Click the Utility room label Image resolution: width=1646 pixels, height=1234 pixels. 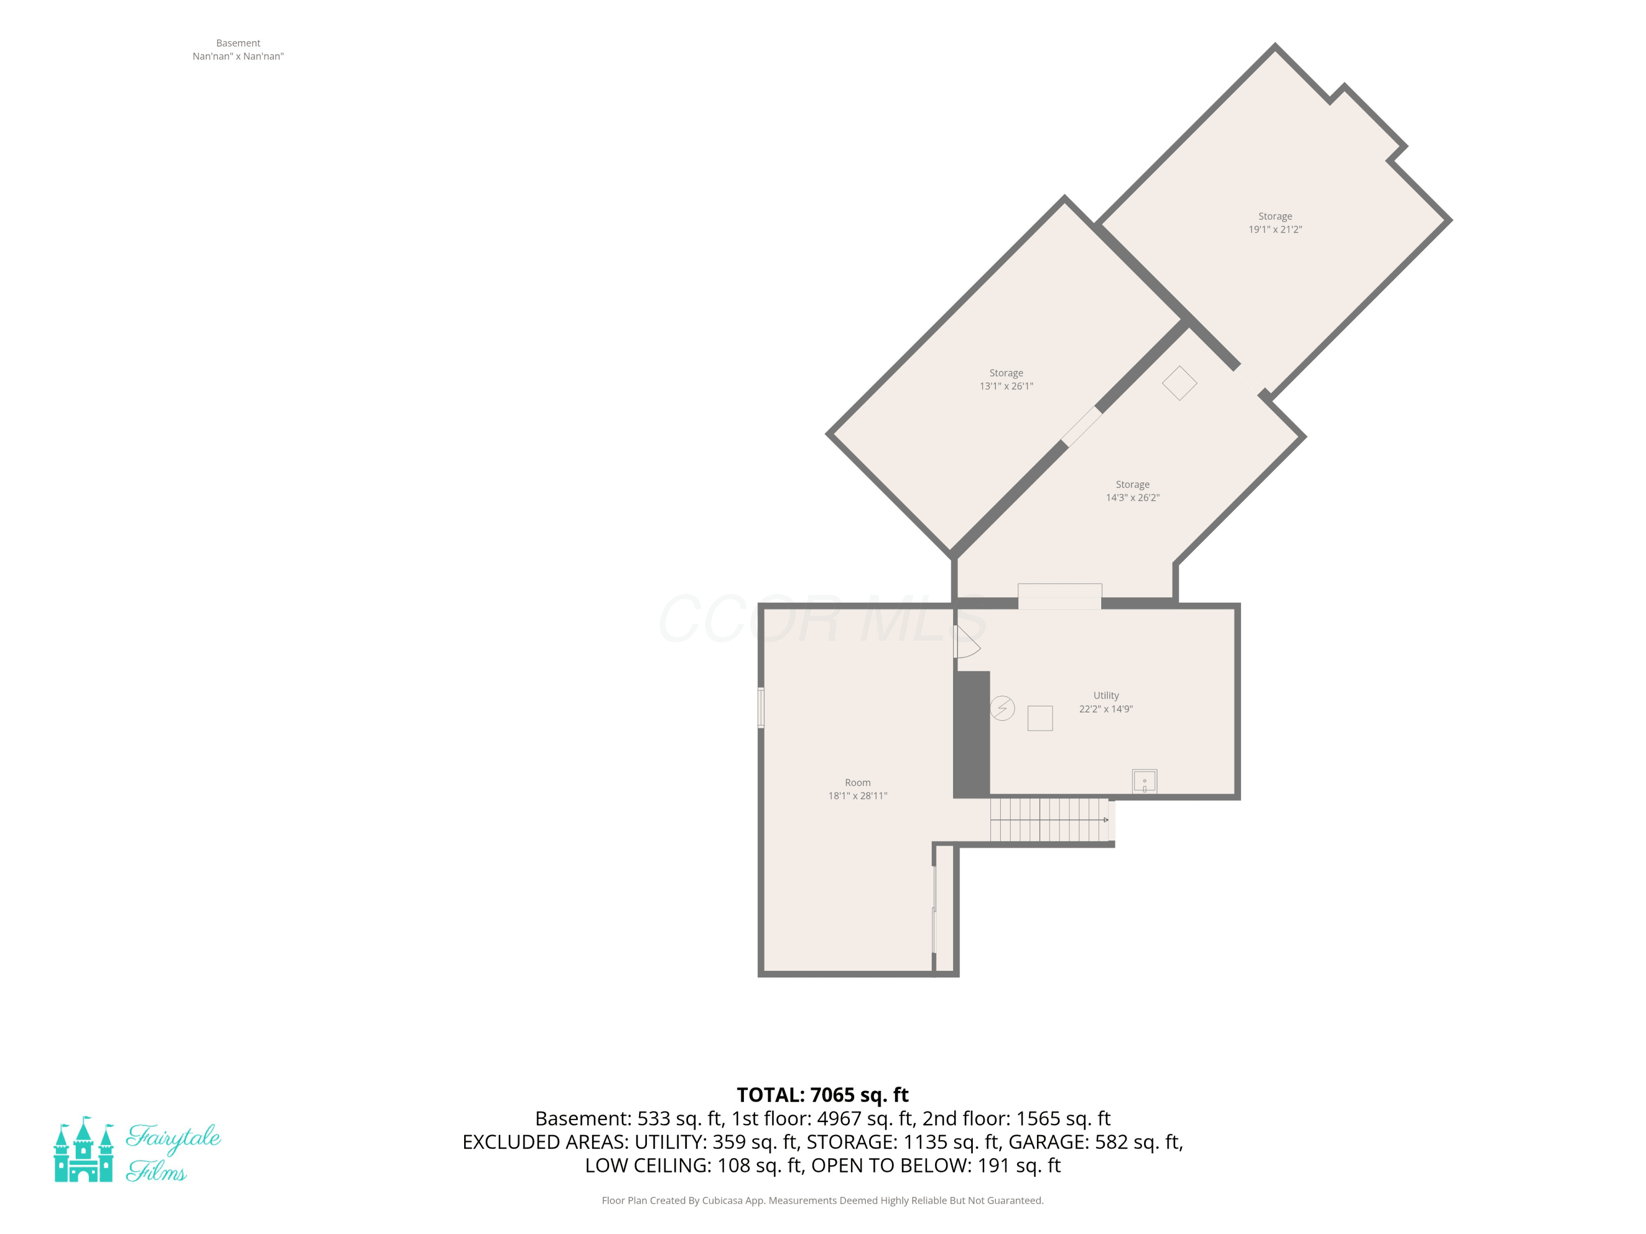coord(1106,695)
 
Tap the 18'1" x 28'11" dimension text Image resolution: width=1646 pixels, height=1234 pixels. coord(858,796)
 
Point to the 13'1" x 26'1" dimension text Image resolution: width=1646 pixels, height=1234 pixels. coord(1006,386)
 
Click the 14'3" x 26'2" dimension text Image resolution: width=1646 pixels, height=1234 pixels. coord(1132,497)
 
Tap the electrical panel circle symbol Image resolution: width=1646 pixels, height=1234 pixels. coord(1002,707)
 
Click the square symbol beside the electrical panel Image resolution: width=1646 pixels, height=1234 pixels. coord(1040,718)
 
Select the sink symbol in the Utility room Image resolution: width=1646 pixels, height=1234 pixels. coord(1145,782)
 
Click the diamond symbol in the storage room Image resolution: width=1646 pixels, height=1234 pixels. coord(1180,383)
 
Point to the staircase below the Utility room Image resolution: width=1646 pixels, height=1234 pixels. coord(1049,820)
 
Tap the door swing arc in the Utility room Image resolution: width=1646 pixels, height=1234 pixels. coord(968,641)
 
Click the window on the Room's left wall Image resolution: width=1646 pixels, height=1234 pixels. coord(760,707)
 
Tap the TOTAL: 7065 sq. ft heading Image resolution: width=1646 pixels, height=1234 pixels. coord(822,1095)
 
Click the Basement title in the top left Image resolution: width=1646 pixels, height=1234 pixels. coord(238,43)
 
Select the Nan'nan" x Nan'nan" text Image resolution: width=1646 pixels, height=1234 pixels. coord(238,56)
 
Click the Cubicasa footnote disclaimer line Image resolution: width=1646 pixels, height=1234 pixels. coord(822,1201)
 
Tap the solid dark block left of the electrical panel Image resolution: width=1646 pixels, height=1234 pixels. coord(972,734)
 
